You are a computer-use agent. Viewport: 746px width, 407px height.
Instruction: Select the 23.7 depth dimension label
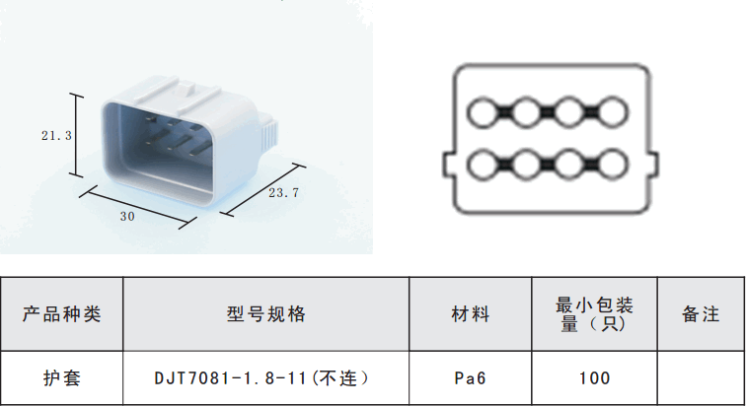tap(283, 193)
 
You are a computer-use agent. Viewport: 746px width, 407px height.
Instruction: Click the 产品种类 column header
tap(62, 314)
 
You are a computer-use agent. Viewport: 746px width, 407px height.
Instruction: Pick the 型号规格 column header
tap(266, 314)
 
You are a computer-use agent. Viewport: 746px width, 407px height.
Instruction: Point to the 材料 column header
tap(471, 314)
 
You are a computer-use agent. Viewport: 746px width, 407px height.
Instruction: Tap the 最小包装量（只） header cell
tap(594, 314)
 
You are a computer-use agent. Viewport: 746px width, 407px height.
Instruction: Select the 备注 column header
tap(701, 314)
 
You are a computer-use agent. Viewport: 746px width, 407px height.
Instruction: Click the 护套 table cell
tap(62, 377)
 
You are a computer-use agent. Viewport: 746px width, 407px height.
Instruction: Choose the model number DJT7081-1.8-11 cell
tap(266, 377)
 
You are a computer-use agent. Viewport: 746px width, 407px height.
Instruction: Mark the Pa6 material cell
tap(471, 377)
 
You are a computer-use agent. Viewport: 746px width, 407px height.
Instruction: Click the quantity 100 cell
tap(594, 377)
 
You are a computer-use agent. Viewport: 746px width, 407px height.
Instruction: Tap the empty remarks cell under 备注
tap(701, 377)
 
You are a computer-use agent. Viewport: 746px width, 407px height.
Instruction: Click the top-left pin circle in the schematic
tap(484, 114)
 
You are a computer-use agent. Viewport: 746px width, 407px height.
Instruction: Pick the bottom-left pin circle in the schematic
tap(484, 164)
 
